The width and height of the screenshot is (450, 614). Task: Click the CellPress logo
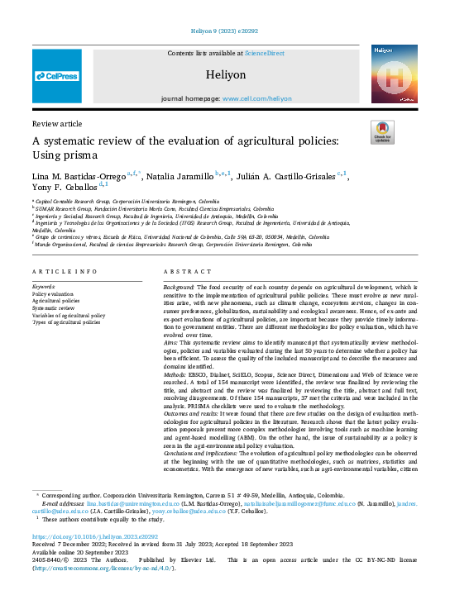[57, 76]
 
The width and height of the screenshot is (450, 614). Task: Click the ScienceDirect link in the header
[264, 53]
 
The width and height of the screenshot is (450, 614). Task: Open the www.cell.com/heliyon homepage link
[256, 98]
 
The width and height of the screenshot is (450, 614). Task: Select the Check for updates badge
[382, 132]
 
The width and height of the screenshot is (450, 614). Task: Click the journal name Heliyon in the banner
[226, 74]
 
